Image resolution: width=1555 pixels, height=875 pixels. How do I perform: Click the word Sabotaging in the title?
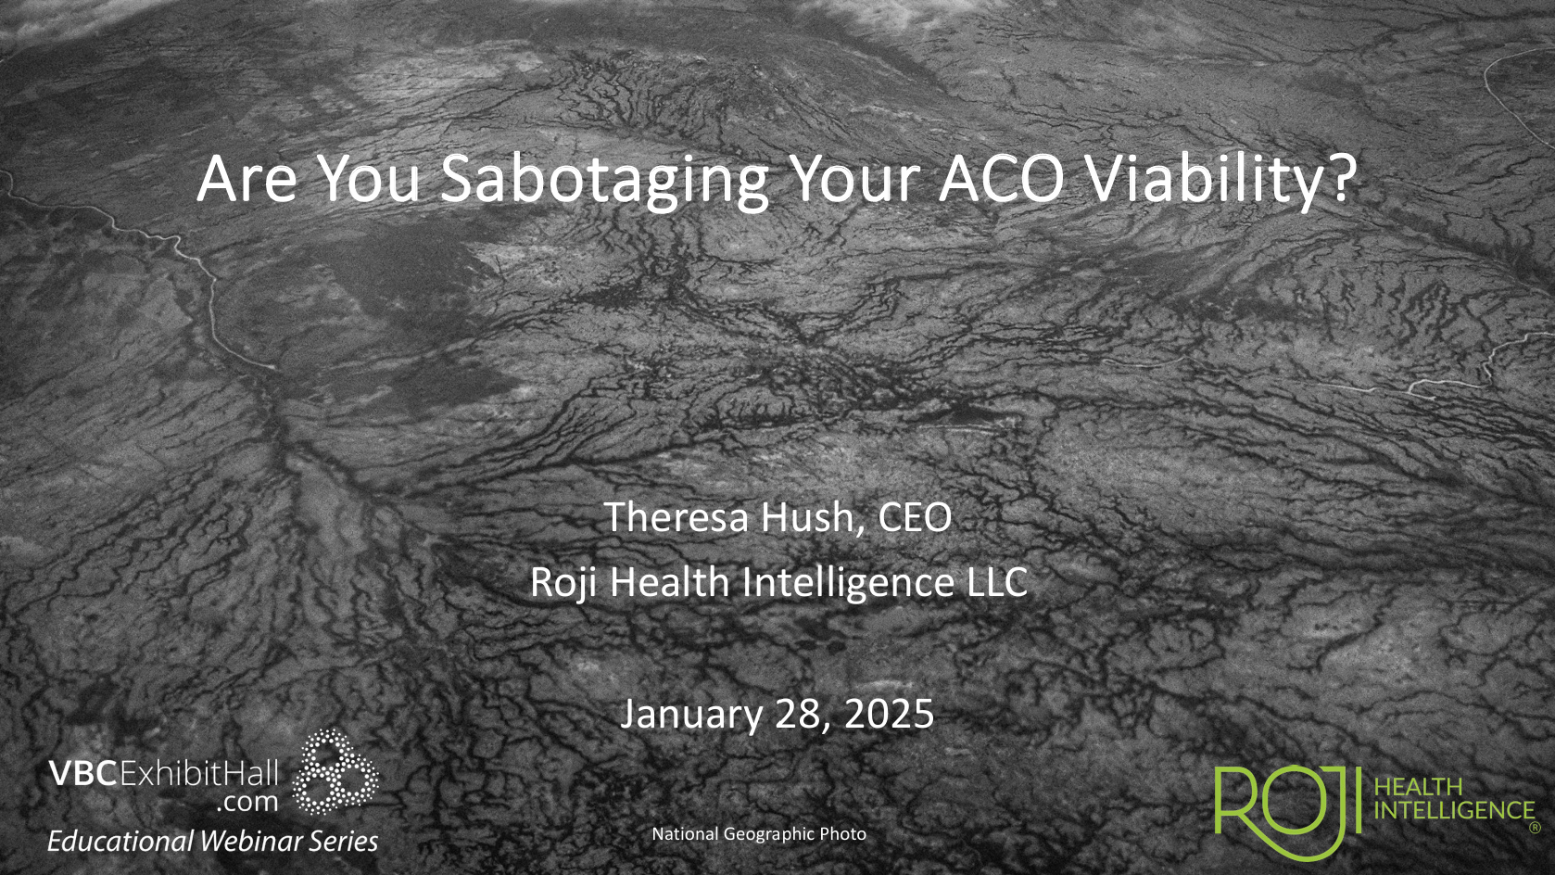[x=604, y=182]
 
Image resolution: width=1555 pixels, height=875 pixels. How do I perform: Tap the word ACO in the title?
[x=1003, y=179]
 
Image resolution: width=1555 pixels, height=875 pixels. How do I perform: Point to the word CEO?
[x=915, y=517]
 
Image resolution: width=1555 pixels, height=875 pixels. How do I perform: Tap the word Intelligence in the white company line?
[x=848, y=583]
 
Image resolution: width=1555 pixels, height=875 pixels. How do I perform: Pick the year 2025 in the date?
[x=890, y=714]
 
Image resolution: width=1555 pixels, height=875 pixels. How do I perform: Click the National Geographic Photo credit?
[x=759, y=834]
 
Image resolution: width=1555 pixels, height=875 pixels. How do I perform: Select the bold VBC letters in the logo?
[x=82, y=774]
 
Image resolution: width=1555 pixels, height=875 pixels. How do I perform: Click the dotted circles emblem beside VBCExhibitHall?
[x=335, y=771]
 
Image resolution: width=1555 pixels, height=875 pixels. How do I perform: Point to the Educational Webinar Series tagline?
[x=212, y=841]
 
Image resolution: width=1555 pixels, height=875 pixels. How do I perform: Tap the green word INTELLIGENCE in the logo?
[x=1454, y=810]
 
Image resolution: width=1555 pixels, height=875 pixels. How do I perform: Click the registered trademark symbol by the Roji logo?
[x=1536, y=828]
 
